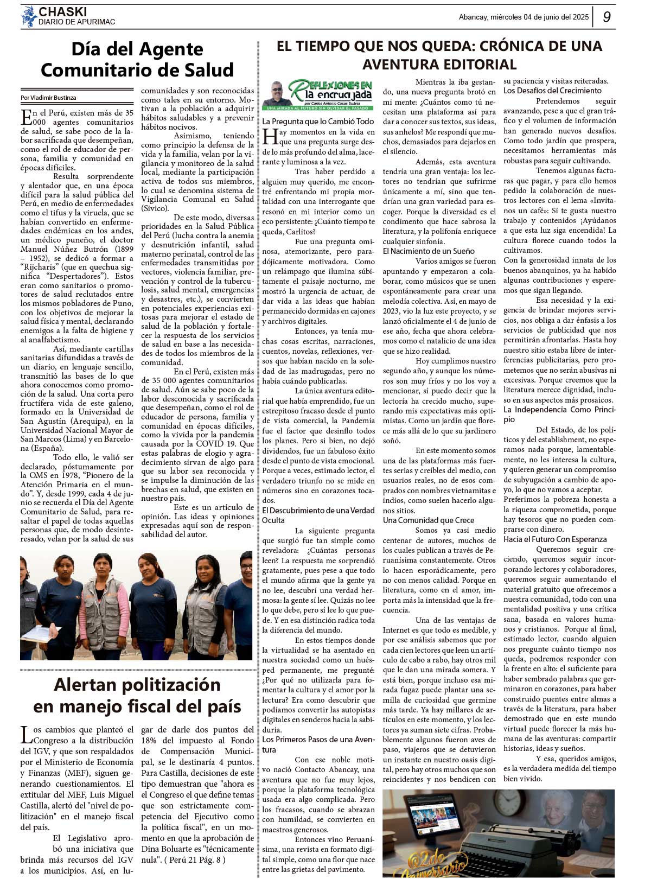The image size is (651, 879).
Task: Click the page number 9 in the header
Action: [x=607, y=17]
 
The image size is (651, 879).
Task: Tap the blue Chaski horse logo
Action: [x=28, y=17]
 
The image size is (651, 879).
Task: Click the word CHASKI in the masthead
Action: [x=62, y=11]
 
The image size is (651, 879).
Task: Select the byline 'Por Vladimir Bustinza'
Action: [x=48, y=98]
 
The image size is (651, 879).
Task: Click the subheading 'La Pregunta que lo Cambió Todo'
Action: [x=318, y=122]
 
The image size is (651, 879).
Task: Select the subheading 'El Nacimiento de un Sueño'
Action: [x=429, y=251]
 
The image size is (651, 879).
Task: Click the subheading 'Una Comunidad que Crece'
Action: [x=429, y=520]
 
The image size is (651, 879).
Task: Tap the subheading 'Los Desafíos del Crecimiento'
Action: [x=552, y=91]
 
